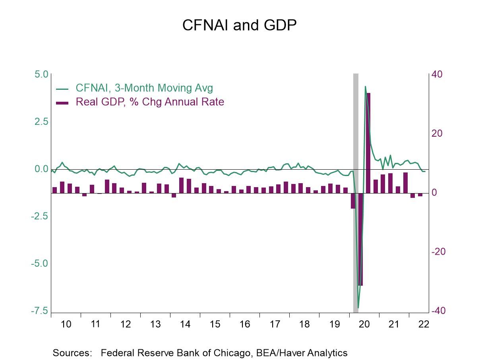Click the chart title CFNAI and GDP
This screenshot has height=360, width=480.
(x=240, y=25)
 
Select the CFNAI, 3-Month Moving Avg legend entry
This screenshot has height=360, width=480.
(x=144, y=88)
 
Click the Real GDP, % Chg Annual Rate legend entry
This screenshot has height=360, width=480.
(x=150, y=102)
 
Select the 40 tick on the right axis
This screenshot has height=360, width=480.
(x=437, y=74)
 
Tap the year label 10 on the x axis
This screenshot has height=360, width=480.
(x=66, y=324)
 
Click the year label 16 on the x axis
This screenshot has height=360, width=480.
(x=245, y=324)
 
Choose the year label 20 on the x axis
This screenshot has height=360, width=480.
(x=364, y=324)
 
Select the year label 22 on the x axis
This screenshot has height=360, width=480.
(x=424, y=324)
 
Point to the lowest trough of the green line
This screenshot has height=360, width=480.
(x=358, y=307)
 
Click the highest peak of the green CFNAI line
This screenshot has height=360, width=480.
(x=365, y=87)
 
